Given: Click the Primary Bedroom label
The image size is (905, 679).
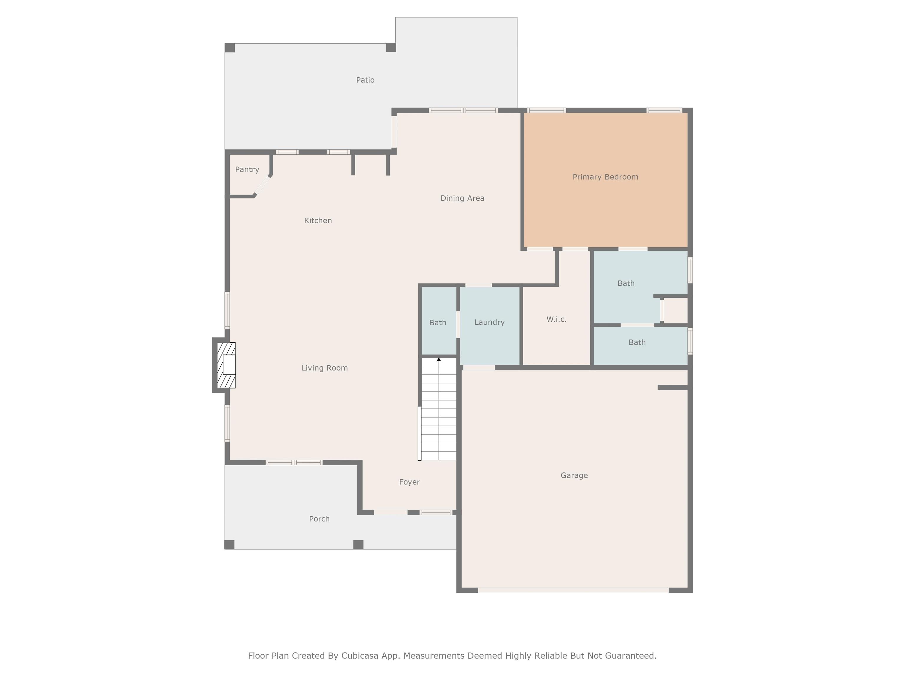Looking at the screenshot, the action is [x=605, y=177].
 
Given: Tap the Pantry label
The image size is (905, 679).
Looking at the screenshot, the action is [x=247, y=169].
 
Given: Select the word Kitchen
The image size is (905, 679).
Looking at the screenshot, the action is [x=318, y=221].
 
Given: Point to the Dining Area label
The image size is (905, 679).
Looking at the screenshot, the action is [x=462, y=198].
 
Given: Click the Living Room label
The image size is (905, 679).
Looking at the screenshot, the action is [x=324, y=368].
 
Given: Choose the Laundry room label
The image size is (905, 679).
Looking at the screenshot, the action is [x=489, y=322].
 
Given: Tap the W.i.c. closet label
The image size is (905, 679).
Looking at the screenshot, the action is [x=556, y=319].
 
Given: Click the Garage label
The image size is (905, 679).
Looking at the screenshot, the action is [x=574, y=475].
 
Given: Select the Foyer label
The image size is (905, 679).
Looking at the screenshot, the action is [x=409, y=482].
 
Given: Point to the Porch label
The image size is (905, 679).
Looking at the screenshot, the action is [x=319, y=519].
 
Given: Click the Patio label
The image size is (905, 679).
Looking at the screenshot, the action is [x=365, y=80].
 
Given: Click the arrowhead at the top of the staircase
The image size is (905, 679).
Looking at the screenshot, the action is [x=439, y=359].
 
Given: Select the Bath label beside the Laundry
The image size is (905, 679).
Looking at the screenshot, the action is [x=437, y=322].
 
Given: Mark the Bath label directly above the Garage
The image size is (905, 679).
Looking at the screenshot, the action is [x=637, y=342].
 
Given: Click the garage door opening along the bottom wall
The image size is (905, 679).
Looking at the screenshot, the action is [x=573, y=590].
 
